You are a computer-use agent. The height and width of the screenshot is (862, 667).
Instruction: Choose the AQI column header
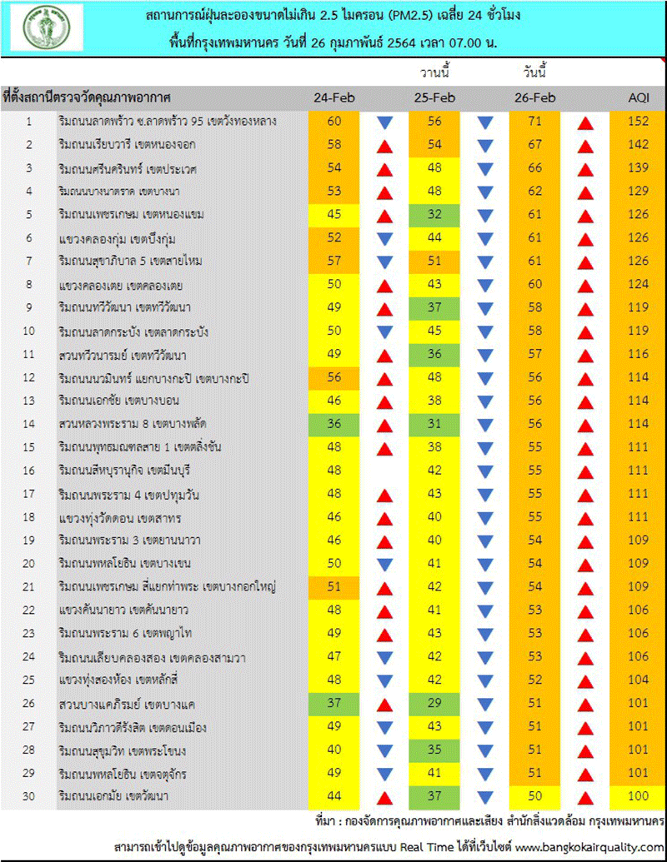639,98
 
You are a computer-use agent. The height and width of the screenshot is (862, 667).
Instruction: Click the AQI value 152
639,122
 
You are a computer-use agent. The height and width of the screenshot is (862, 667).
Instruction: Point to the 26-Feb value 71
534,122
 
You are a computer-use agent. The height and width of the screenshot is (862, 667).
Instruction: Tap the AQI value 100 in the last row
639,798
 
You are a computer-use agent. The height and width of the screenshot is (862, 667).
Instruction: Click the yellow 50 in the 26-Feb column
534,798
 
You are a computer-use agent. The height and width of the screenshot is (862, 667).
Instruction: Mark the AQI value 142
639,145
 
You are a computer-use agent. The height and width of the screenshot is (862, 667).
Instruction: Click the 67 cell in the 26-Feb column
534,145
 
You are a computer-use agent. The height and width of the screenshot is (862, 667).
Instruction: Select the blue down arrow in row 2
485,146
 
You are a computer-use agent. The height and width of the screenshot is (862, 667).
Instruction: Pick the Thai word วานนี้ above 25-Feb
434,74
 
